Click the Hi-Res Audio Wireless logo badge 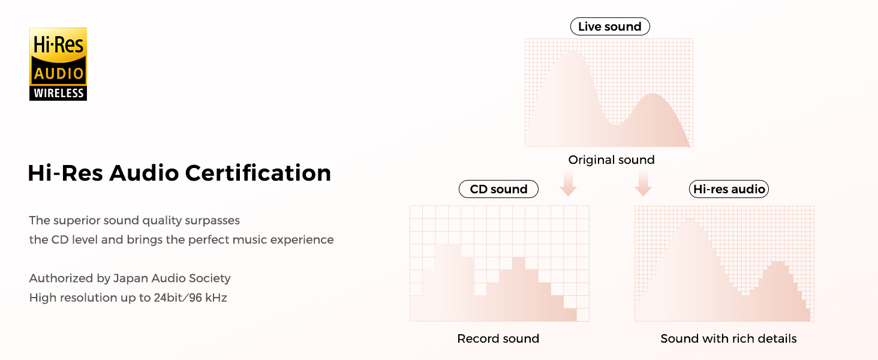pyautogui.click(x=58, y=64)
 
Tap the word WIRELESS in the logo pyautogui.click(x=58, y=93)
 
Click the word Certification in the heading pyautogui.click(x=258, y=173)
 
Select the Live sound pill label pyautogui.click(x=610, y=26)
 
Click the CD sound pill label pyautogui.click(x=498, y=189)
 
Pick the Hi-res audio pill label pyautogui.click(x=729, y=189)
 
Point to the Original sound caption pyautogui.click(x=612, y=160)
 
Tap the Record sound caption pyautogui.click(x=498, y=338)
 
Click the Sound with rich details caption pyautogui.click(x=729, y=338)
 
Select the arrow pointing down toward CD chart pyautogui.click(x=569, y=183)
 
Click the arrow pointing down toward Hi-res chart pyautogui.click(x=644, y=183)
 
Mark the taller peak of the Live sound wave pyautogui.click(x=573, y=52)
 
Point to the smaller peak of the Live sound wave pyautogui.click(x=653, y=94)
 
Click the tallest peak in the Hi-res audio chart pyautogui.click(x=690, y=220)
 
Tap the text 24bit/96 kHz pyautogui.click(x=191, y=298)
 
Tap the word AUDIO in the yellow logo pyautogui.click(x=59, y=73)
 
